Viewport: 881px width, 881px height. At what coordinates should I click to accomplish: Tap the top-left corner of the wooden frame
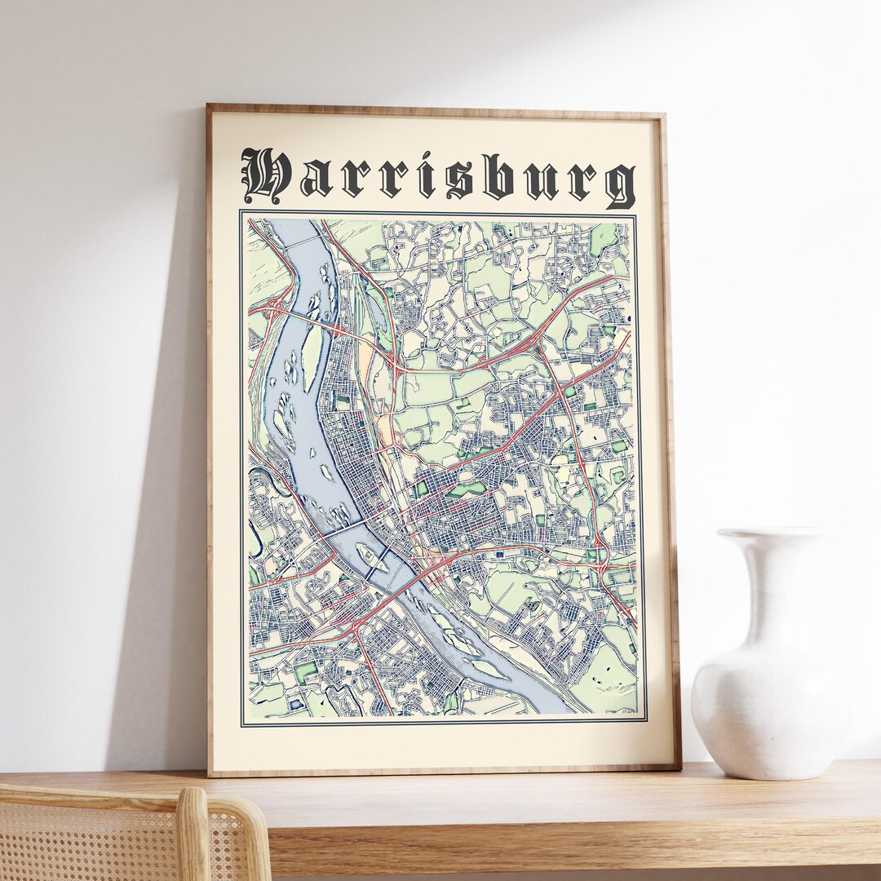210,107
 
